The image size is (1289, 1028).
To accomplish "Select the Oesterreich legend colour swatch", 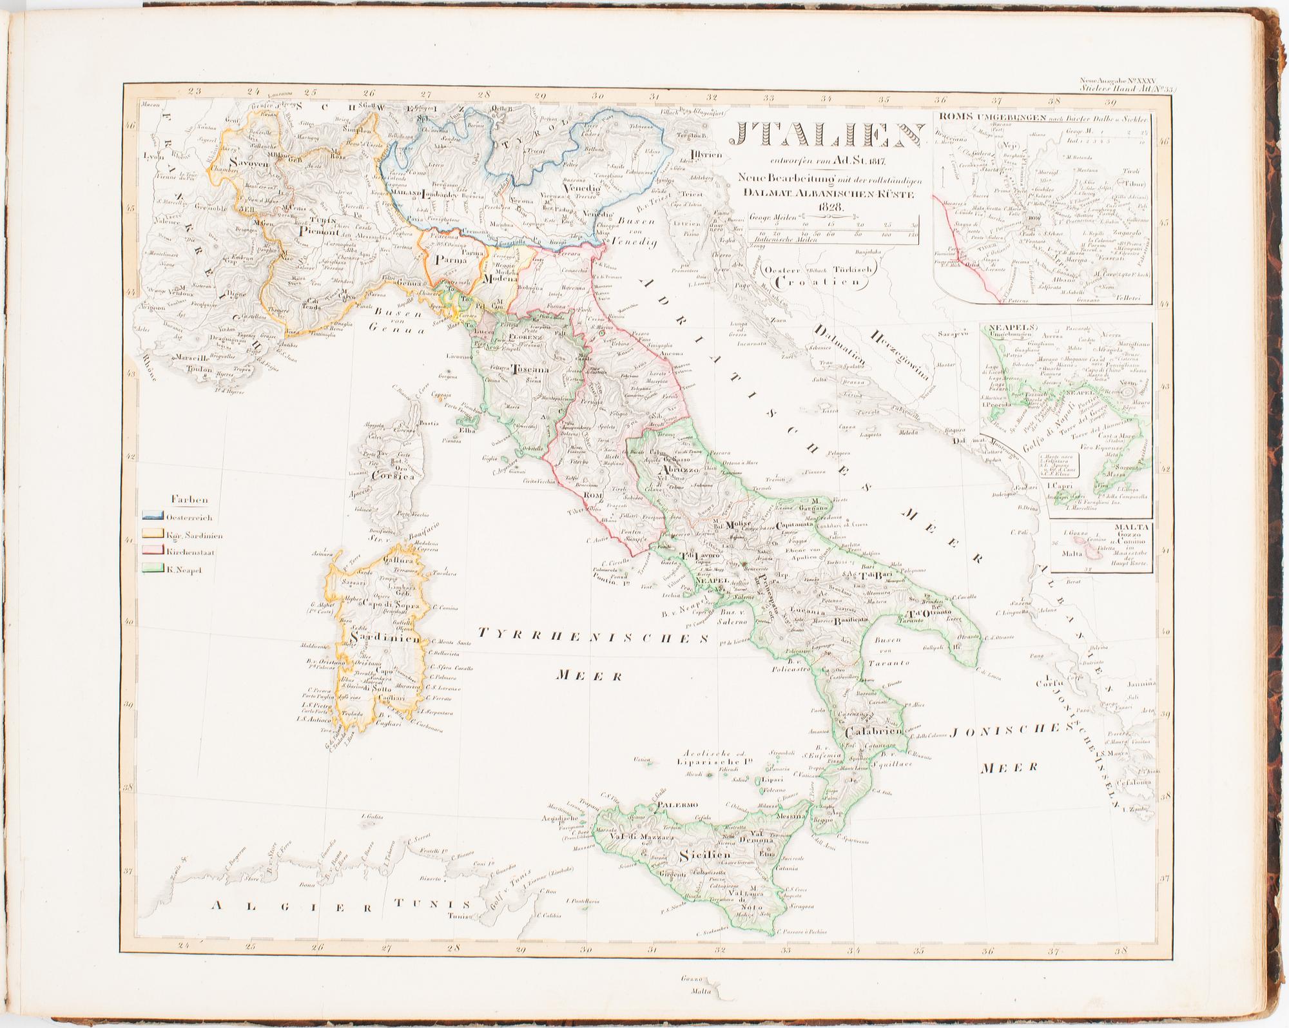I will point(153,517).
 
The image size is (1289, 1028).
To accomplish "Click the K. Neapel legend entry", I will point(180,569).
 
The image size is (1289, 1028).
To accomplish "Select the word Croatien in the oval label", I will point(818,282).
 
